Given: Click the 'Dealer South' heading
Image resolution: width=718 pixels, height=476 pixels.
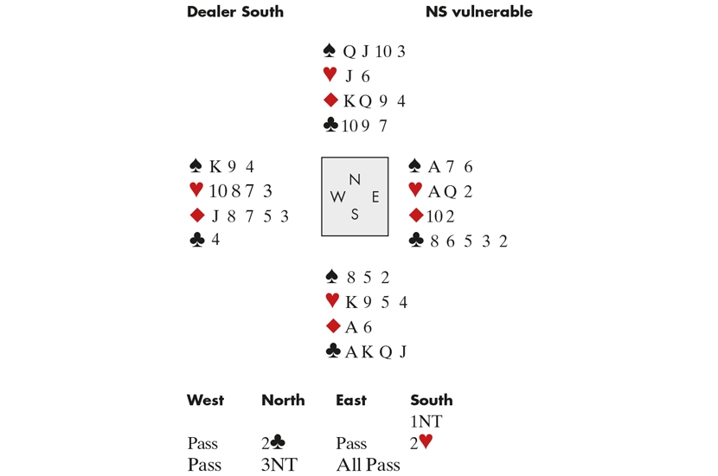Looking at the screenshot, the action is (235, 11).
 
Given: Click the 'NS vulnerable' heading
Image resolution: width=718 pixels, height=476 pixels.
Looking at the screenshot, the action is (479, 11).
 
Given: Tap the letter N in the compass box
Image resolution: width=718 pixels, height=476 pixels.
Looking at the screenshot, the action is (355, 180).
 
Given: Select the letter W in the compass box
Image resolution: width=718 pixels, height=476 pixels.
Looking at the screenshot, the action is (337, 197).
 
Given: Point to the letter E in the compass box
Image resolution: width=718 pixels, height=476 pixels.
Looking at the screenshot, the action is (375, 197).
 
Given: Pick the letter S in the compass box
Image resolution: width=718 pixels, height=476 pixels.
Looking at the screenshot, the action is (355, 214).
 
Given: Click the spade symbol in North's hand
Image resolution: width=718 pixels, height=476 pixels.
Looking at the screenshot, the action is (330, 50).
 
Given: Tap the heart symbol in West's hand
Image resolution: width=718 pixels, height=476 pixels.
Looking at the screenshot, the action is (196, 190).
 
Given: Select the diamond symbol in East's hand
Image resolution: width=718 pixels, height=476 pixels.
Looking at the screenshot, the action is (416, 215).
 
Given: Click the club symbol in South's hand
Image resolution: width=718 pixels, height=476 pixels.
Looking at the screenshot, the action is (333, 351).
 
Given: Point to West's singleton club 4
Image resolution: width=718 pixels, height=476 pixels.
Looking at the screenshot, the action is (215, 239).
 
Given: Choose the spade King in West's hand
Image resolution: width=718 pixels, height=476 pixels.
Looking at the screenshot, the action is (215, 166).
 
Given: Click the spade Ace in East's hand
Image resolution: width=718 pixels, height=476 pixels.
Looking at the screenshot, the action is (433, 166).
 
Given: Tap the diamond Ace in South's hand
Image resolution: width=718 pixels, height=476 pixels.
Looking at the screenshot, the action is (351, 327).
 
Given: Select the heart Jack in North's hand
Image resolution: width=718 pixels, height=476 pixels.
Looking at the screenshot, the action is (349, 76).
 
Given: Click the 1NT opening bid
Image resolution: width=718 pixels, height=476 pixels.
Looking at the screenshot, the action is (426, 421).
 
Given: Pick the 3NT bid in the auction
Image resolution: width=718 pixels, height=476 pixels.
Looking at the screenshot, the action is (279, 465).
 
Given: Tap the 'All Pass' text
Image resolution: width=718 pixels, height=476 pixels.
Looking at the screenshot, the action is (369, 465).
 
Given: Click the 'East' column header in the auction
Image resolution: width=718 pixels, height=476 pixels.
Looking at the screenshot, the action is (351, 400).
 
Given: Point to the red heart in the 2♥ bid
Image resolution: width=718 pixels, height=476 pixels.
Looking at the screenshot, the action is (426, 441).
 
